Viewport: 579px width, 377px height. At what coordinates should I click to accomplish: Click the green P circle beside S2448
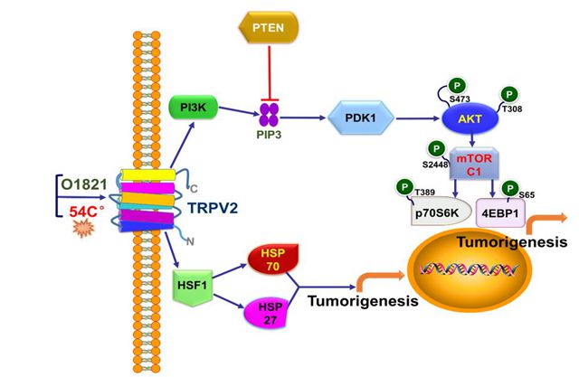[x=436, y=148]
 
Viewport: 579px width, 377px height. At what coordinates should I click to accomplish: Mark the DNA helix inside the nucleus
[x=469, y=269]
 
